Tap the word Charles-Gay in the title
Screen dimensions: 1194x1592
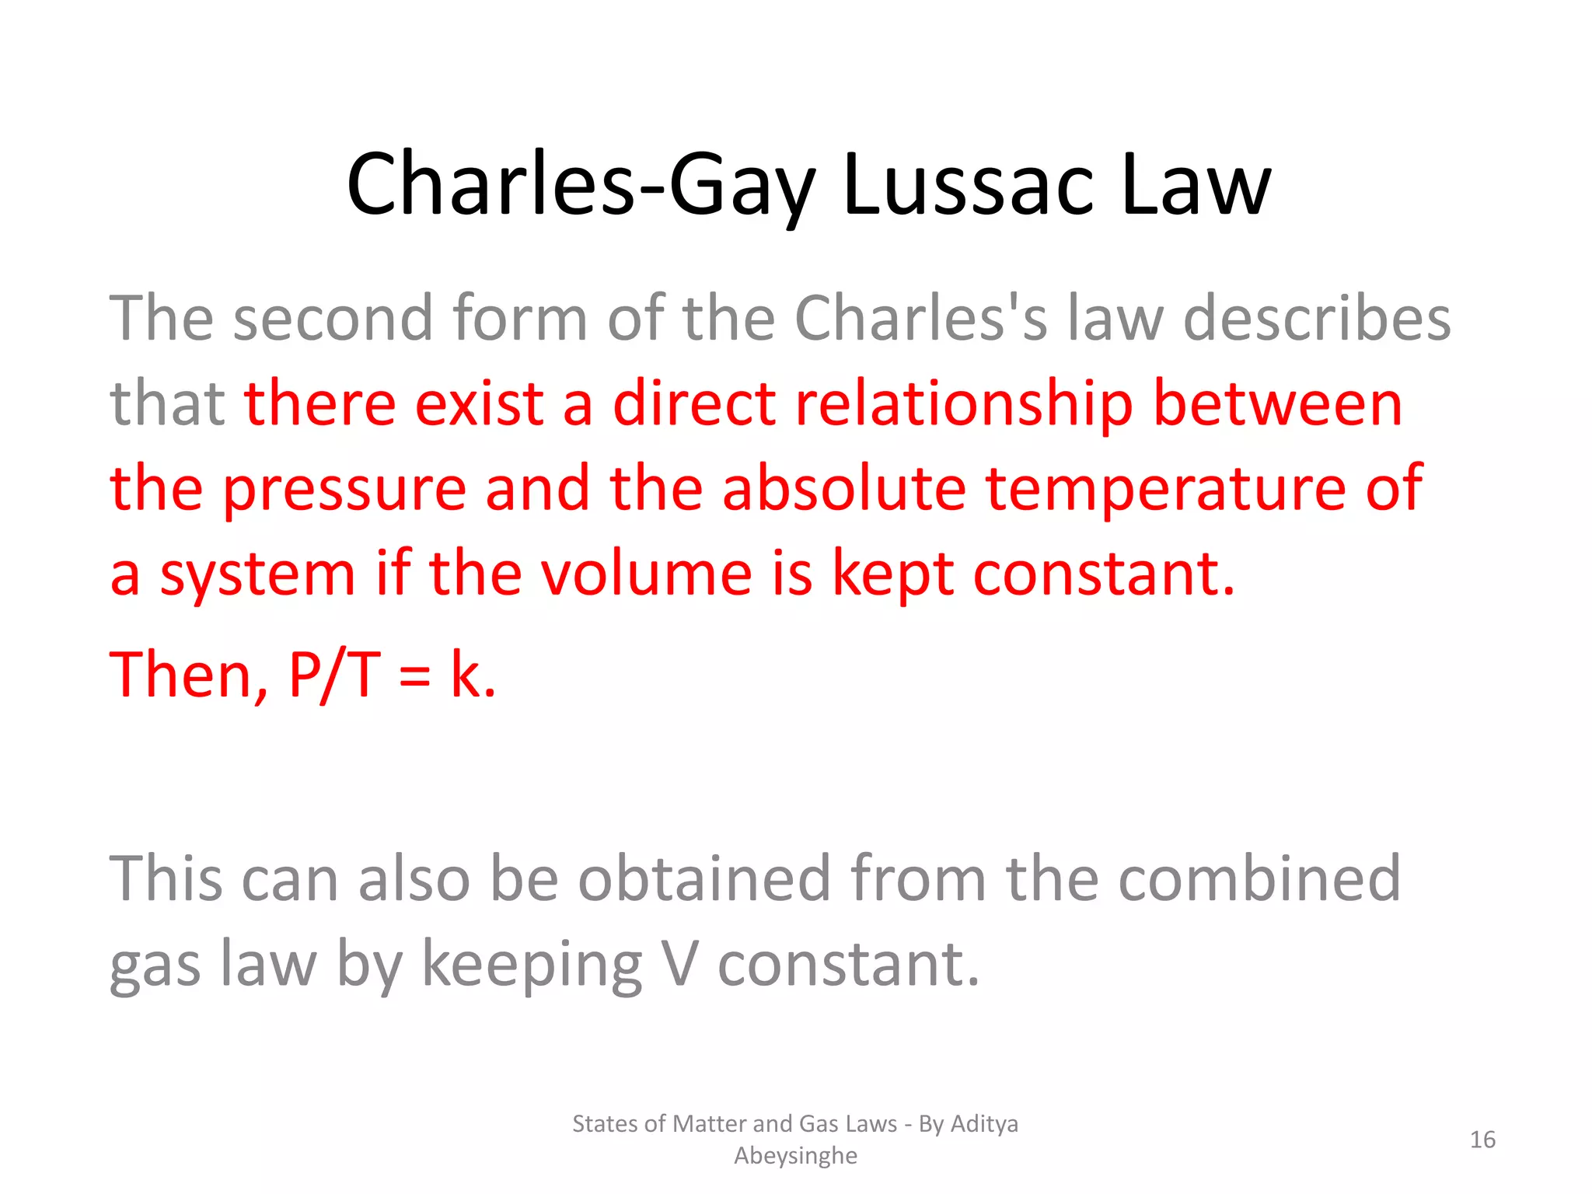[580, 185]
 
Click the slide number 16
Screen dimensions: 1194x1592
[1482, 1140]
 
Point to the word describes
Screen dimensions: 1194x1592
[1316, 319]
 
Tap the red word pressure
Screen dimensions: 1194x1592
[344, 490]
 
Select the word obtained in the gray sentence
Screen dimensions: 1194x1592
[704, 878]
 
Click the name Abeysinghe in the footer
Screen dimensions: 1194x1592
[795, 1156]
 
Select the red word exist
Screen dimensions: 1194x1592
[479, 404]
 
